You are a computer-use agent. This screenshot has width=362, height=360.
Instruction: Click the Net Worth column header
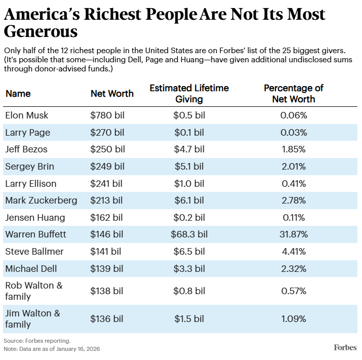pos(112,93)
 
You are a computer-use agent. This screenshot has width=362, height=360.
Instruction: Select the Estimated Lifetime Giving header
pos(189,94)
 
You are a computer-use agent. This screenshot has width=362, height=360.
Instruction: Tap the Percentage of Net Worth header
pos(293,94)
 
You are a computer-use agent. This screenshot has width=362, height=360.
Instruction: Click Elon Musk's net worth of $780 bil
pos(107,115)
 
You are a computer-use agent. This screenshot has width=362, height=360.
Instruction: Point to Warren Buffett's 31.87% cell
pos(294,234)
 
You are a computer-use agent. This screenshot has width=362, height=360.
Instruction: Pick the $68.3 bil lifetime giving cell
pos(189,234)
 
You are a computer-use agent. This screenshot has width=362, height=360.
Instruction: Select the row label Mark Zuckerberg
pos(41,201)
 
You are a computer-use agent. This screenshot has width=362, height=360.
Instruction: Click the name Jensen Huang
pos(35,218)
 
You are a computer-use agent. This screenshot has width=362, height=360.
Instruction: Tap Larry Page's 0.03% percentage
pos(294,133)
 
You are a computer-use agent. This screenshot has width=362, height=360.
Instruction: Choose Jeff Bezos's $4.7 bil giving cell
pos(189,149)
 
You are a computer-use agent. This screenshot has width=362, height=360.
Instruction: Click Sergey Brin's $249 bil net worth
pos(107,167)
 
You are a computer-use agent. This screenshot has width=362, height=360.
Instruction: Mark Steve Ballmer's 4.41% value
pos(294,252)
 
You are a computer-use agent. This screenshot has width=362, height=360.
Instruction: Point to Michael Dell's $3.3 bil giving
pos(189,268)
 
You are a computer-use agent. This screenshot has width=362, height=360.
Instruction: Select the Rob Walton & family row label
pos(34,291)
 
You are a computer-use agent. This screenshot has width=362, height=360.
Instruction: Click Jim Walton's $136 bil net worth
pos(107,318)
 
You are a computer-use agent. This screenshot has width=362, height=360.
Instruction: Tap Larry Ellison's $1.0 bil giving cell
pos(189,183)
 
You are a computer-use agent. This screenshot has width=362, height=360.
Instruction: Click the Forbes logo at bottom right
pos(345,347)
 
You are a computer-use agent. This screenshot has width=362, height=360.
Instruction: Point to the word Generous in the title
pos(41,32)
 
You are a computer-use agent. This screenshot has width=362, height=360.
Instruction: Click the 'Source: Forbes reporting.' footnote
pos(37,340)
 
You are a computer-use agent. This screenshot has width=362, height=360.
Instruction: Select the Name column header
pos(18,93)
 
